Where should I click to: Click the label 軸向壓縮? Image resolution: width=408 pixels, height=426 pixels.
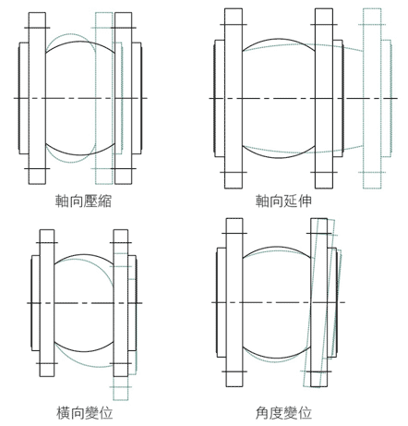[x=83, y=201]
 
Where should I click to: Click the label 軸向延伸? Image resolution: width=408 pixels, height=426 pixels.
[x=283, y=201]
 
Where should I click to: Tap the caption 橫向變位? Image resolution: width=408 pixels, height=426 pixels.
[x=84, y=413]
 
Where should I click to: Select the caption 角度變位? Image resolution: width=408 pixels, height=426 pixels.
[x=283, y=413]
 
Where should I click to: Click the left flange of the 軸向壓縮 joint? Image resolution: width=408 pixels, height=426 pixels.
[x=37, y=99]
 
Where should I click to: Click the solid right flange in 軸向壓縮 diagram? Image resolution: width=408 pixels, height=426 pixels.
[x=123, y=99]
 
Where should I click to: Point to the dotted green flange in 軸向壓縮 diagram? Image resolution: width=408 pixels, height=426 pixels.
[x=104, y=99]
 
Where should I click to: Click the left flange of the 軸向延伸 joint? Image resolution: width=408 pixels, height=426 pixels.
[x=234, y=99]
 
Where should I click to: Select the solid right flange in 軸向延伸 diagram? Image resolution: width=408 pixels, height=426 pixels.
[x=324, y=99]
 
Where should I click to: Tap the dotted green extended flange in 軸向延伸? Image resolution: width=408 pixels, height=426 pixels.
[x=372, y=99]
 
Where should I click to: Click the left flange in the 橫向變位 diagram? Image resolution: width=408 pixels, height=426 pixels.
[x=47, y=303]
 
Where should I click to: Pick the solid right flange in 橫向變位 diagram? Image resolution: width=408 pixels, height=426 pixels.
[x=121, y=303]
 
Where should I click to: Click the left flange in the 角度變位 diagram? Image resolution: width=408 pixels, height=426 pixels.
[x=234, y=302]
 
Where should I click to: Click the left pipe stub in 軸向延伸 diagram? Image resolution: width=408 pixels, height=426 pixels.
[x=219, y=99]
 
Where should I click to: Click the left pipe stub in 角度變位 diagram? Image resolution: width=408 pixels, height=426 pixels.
[x=222, y=302]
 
